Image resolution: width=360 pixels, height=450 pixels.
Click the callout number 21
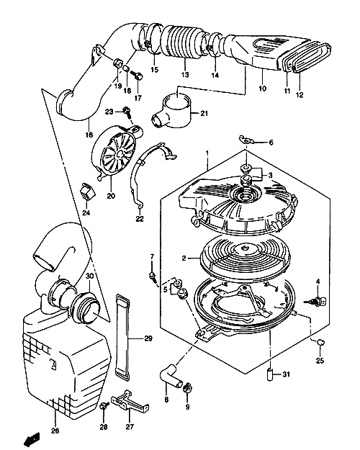[x=204, y=113]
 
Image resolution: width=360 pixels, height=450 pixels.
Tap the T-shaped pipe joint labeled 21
[x=171, y=112]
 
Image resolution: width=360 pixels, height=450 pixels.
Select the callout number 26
[x=55, y=431]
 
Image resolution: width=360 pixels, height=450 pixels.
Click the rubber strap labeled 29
[x=122, y=337]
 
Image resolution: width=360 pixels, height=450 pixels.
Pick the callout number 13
[x=185, y=75]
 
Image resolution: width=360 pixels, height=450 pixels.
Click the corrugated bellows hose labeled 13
[x=184, y=42]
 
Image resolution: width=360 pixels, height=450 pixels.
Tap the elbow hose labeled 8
[x=171, y=375]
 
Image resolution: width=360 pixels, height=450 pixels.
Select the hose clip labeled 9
[x=187, y=388]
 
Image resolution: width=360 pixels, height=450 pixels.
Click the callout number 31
[x=286, y=374]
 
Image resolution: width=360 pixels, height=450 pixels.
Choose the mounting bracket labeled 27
[x=130, y=402]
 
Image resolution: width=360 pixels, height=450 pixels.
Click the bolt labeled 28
[x=104, y=406]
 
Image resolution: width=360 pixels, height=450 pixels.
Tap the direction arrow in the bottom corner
[x=32, y=438]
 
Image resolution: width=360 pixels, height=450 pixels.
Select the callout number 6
[x=271, y=143]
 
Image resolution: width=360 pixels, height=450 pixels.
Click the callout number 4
[x=318, y=282]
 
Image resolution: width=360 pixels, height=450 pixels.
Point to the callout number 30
[x=89, y=276]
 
